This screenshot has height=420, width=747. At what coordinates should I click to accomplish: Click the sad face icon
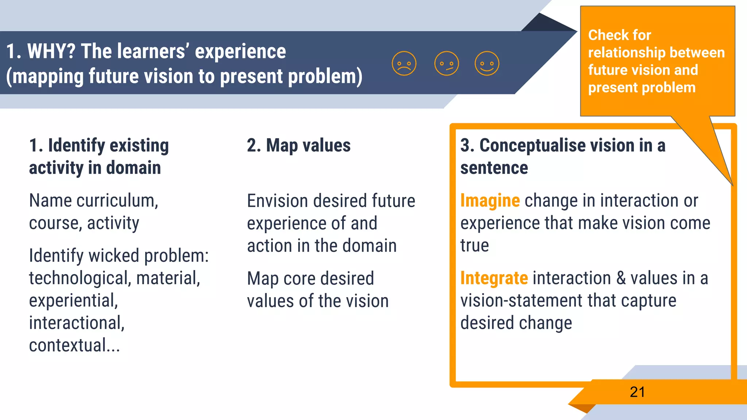click(x=404, y=64)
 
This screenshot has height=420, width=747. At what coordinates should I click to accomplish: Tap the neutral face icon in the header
click(x=446, y=64)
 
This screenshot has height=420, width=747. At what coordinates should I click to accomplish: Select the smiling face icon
click(x=487, y=64)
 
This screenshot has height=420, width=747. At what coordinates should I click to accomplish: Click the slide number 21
click(x=637, y=392)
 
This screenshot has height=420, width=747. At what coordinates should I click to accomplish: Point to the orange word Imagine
click(x=490, y=201)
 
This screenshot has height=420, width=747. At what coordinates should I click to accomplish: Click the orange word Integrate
click(x=494, y=279)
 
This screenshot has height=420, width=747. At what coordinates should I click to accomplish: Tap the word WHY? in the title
click(x=51, y=51)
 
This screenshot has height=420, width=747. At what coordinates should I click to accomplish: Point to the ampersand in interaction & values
click(x=621, y=279)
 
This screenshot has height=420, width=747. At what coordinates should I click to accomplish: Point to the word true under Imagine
click(x=474, y=246)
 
